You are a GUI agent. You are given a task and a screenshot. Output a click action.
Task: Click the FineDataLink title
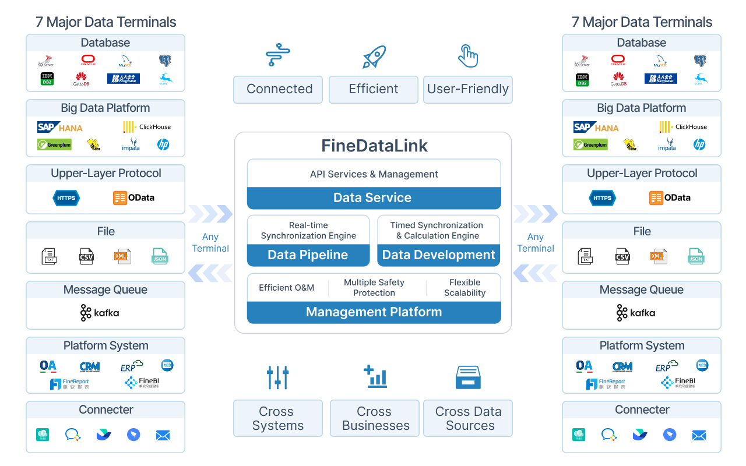(374, 146)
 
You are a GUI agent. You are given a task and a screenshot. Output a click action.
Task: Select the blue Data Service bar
(374, 198)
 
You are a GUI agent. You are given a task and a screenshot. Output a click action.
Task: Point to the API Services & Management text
(374, 174)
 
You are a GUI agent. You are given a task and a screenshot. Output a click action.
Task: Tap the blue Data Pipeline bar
(308, 255)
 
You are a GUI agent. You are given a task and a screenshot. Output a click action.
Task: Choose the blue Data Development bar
(439, 255)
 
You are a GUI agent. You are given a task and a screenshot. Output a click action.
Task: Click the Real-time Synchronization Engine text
(308, 231)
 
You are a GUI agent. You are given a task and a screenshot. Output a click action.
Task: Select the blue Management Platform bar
(374, 312)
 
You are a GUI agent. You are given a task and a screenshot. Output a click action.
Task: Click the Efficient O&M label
(286, 288)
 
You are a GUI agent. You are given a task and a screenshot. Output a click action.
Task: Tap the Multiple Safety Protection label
(374, 288)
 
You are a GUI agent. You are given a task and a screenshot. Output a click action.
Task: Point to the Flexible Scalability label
(465, 288)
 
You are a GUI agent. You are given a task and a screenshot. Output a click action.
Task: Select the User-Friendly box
(468, 90)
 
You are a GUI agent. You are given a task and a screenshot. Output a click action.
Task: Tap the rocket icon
(374, 57)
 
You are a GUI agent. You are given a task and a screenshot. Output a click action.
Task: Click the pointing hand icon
(467, 56)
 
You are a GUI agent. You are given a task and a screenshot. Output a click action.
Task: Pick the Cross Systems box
(278, 418)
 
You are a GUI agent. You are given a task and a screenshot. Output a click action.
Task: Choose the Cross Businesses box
(375, 418)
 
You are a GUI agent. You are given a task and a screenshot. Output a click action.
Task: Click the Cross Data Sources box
(468, 418)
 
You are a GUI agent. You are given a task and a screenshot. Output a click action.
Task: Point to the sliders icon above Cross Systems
(277, 377)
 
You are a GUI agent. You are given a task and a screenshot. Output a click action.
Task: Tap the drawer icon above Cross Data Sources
(467, 377)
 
